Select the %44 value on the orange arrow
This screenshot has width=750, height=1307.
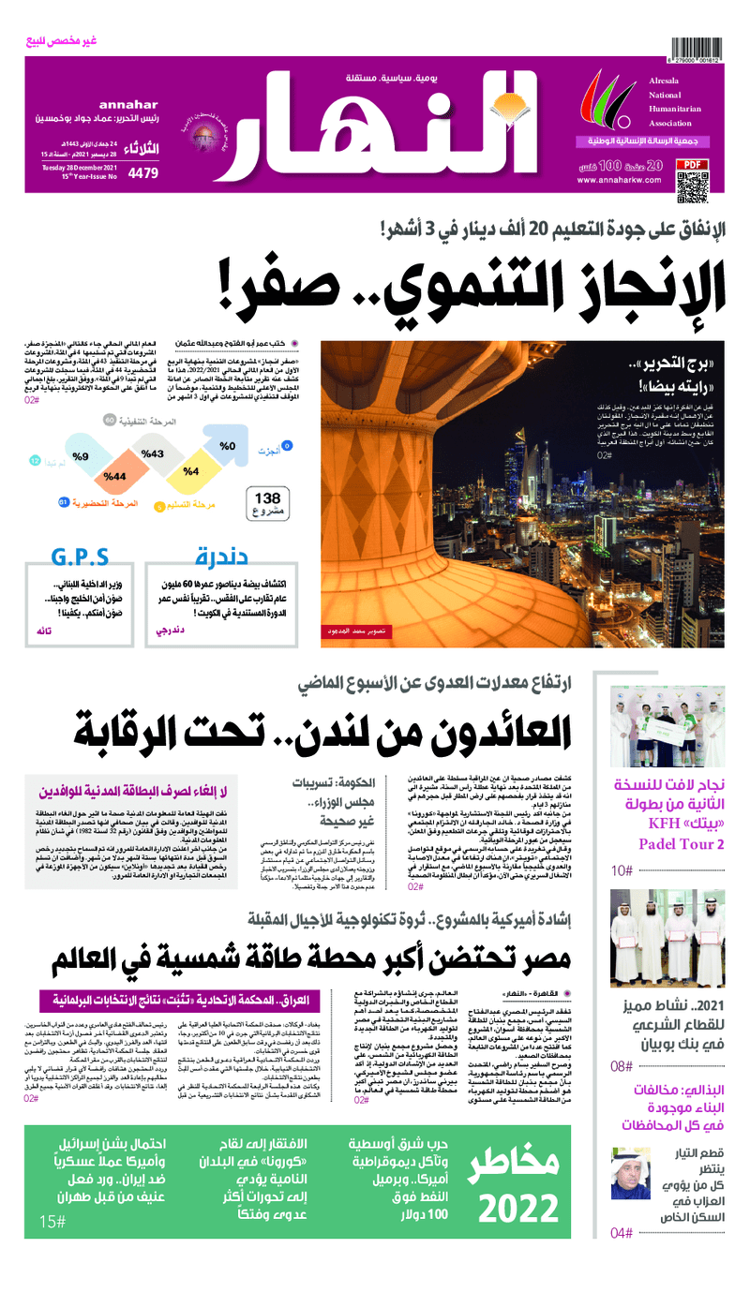(115, 477)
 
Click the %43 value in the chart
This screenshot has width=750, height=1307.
(153, 453)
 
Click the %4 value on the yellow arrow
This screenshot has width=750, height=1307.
(191, 471)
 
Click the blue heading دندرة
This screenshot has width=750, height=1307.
(222, 557)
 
